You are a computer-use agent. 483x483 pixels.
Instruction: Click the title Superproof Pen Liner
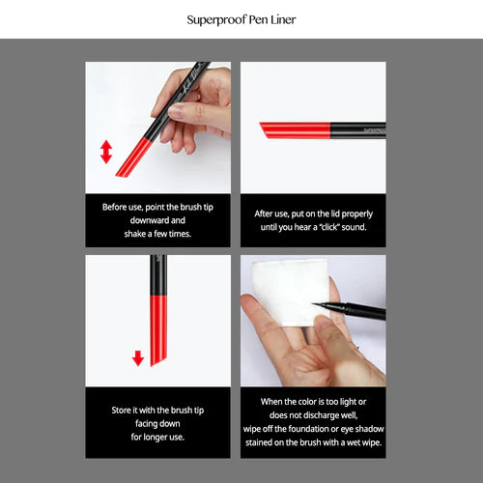(241, 19)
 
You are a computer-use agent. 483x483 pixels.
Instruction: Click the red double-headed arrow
(106, 152)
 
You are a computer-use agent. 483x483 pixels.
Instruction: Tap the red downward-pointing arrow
(138, 357)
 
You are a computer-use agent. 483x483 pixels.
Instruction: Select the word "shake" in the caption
(121, 234)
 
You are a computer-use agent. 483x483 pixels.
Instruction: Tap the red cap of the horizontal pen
(295, 129)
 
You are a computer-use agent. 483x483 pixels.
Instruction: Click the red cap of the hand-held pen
(135, 155)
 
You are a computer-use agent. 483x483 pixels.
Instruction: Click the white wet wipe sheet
(280, 290)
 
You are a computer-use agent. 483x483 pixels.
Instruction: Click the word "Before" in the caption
(117, 207)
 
